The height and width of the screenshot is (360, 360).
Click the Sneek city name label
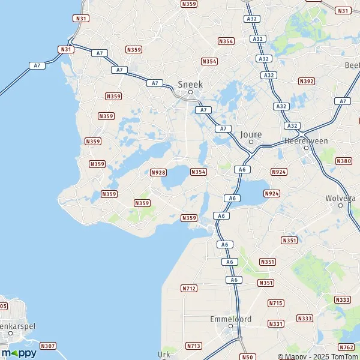[190, 84]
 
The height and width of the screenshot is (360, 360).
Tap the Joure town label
[250, 135]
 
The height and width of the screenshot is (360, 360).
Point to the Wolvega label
[340, 197]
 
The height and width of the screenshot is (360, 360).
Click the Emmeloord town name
[231, 319]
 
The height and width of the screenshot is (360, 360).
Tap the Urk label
[164, 354]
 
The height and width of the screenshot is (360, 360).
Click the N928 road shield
[158, 172]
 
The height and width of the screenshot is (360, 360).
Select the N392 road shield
[306, 81]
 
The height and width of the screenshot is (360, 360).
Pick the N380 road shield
[344, 161]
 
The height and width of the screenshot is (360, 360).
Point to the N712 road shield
[188, 289]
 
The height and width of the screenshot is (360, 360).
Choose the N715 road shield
[276, 303]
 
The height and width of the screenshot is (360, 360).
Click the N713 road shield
[193, 346]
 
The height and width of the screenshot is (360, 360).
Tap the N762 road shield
[346, 347]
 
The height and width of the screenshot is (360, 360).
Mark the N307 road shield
[48, 346]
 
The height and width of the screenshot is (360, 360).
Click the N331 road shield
[276, 324]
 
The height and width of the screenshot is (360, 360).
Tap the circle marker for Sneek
[191, 92]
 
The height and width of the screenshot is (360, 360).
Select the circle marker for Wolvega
[340, 205]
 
